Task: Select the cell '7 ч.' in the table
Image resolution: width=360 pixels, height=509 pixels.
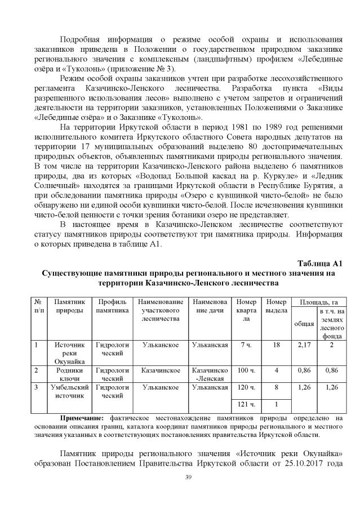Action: point(246,344)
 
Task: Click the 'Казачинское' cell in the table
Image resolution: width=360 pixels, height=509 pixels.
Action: point(161,370)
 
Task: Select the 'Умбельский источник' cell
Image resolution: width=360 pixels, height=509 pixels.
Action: point(70,391)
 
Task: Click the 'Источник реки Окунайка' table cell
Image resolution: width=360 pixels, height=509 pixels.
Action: point(70,352)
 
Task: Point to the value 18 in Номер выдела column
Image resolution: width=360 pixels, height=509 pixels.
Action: point(276,344)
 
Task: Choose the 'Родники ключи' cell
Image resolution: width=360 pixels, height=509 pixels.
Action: point(70,374)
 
